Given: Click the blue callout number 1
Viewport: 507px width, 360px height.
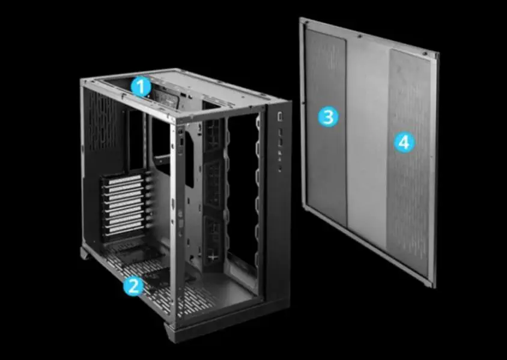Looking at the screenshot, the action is pos(141,87).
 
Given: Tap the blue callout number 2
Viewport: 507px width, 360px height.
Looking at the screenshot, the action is pos(133,285).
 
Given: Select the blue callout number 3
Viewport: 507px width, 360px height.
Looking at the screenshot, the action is pos(328,117).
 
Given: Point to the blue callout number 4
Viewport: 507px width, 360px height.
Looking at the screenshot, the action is pos(404,142).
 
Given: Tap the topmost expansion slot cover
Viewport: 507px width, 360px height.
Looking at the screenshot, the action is pos(125,180).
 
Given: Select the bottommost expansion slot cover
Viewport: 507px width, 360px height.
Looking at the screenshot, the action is pos(127,230).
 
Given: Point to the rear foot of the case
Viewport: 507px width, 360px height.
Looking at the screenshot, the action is pos(85,252).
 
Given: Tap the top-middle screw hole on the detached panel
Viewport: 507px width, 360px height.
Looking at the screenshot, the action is pos(359,37).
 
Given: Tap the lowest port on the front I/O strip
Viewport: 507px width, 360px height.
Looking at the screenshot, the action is pos(279,168).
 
